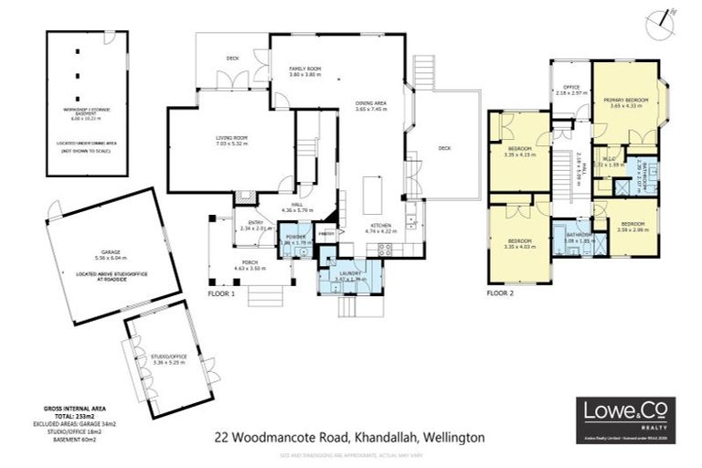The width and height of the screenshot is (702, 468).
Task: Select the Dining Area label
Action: (x=371, y=104)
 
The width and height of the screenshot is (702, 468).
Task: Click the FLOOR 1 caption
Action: (x=221, y=295)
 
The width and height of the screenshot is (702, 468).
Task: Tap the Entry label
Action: (x=250, y=225)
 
